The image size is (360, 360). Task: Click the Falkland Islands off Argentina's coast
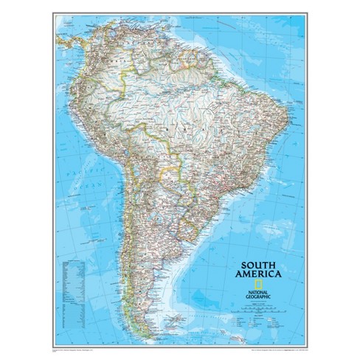(x=175, y=318)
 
